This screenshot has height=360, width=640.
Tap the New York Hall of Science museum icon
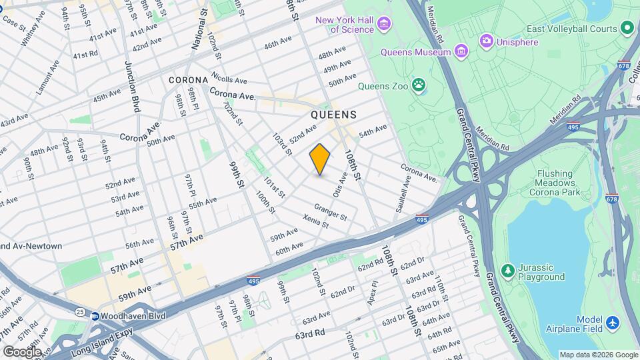pyautogui.click(x=383, y=25)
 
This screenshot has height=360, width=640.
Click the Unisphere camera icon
pyautogui.click(x=487, y=41)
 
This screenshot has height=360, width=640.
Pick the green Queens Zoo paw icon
pyautogui.click(x=419, y=85)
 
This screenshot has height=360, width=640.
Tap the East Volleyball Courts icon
pyautogui.click(x=627, y=28)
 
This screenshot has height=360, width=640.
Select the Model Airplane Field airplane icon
pyautogui.click(x=613, y=323)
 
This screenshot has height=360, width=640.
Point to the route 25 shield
pyautogui.click(x=80, y=311)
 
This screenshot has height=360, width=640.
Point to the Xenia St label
pyautogui.click(x=316, y=221)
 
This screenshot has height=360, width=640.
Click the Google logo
pyautogui.click(x=22, y=351)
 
